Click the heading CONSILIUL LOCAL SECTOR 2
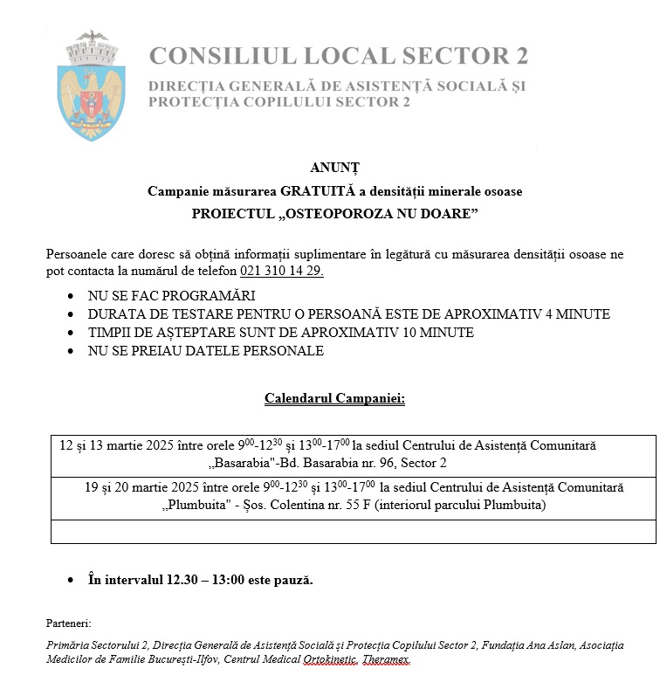pyautogui.click(x=339, y=56)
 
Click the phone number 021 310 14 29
pyautogui.click(x=275, y=271)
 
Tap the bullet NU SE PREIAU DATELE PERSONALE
pyautogui.click(x=205, y=351)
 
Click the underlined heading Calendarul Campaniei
pyautogui.click(x=334, y=399)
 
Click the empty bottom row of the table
pyautogui.click(x=353, y=532)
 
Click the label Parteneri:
pyautogui.click(x=68, y=623)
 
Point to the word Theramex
pyautogui.click(x=385, y=660)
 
